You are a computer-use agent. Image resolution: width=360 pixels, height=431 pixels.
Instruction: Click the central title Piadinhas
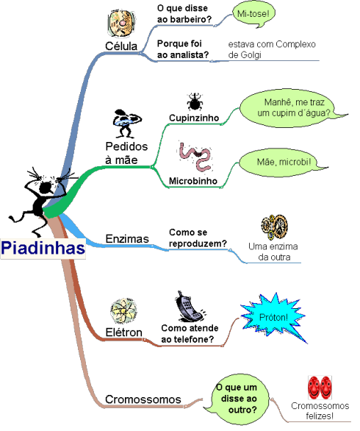43,248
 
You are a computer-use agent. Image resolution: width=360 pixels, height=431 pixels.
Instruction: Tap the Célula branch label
121,46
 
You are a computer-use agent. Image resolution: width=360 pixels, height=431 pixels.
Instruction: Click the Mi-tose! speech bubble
253,14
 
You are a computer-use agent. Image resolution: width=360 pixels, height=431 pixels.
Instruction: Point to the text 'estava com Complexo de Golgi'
272,49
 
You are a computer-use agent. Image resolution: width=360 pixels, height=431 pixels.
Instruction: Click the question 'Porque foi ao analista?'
183,49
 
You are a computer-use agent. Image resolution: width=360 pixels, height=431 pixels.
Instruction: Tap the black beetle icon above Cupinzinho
195,101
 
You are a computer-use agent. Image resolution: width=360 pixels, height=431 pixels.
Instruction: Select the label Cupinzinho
194,118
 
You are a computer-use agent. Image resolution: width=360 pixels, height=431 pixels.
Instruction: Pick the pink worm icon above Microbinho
195,157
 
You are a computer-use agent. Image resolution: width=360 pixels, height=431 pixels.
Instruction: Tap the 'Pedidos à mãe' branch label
126,153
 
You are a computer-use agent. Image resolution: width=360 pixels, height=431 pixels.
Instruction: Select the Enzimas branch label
127,238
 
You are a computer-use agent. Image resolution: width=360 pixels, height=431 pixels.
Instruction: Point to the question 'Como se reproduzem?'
198,238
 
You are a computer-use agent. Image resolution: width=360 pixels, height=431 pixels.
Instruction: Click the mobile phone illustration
190,307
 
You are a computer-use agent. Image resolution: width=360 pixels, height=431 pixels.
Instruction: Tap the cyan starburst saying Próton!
273,317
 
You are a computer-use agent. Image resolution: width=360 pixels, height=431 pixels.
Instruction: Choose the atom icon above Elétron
124,311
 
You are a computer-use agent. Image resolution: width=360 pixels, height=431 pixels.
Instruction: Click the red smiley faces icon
320,388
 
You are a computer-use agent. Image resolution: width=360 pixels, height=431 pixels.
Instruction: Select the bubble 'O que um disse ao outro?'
236,399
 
